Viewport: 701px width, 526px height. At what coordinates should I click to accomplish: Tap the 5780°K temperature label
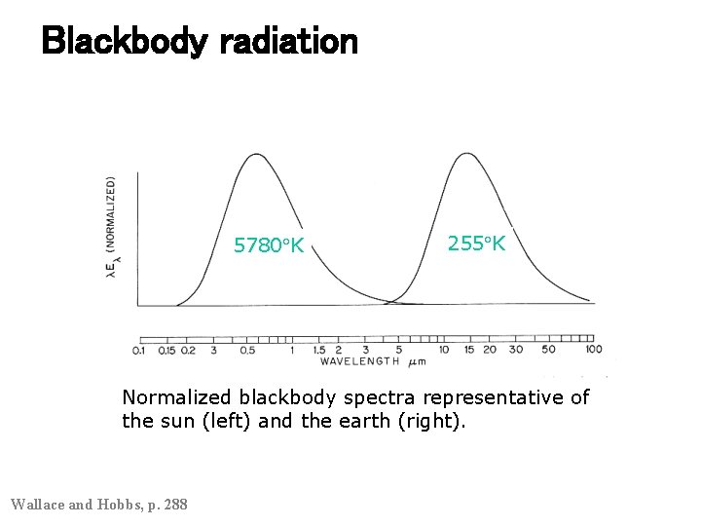pyautogui.click(x=269, y=245)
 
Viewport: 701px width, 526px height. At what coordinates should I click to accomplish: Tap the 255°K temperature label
pyautogui.click(x=476, y=244)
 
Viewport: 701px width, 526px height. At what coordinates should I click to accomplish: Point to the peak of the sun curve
pyautogui.click(x=255, y=154)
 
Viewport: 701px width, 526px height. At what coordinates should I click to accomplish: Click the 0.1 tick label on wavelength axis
pyautogui.click(x=138, y=350)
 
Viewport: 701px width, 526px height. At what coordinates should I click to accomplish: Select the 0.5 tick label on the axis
pyautogui.click(x=247, y=350)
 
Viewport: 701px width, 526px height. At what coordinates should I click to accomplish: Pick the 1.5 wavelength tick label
pyautogui.click(x=318, y=350)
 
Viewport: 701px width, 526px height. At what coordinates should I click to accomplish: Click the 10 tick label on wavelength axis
pyautogui.click(x=443, y=350)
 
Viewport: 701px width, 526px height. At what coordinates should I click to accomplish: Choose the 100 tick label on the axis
pyautogui.click(x=593, y=349)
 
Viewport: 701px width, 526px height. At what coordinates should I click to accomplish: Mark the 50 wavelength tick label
pyautogui.click(x=548, y=350)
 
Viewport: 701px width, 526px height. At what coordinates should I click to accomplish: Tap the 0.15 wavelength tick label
pyautogui.click(x=166, y=350)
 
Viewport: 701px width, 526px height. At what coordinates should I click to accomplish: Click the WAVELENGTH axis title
pyautogui.click(x=359, y=361)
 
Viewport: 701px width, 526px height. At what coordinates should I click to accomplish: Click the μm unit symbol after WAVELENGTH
pyautogui.click(x=416, y=362)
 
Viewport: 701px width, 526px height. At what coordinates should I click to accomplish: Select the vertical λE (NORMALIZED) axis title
pyautogui.click(x=112, y=229)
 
